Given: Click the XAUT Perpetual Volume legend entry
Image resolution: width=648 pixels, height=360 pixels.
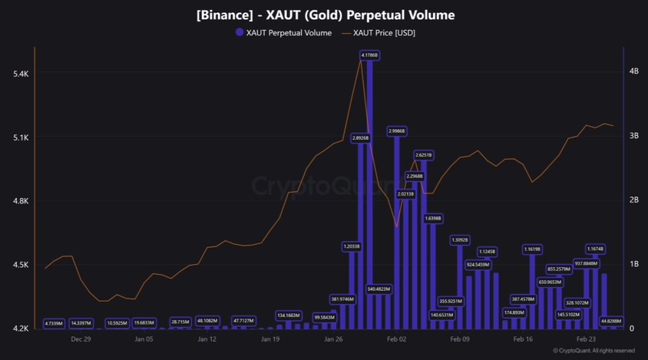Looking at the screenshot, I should pos(283,33).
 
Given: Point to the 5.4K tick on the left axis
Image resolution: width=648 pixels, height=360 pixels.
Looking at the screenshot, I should pos(21,74).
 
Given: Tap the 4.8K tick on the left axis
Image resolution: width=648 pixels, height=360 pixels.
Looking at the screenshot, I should pos(21,201).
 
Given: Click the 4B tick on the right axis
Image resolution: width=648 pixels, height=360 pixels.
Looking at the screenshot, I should pos(633,71).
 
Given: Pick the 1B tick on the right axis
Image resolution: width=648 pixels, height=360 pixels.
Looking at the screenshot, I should pos(633,264).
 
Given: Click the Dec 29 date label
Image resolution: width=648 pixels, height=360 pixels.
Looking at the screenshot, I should pos(81,339).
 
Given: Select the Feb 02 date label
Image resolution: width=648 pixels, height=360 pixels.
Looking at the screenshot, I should pos(396,339).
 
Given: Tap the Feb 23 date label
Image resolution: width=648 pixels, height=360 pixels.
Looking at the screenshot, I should pos(586,339).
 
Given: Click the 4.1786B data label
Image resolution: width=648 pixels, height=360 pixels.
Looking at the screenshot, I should pos(369,55).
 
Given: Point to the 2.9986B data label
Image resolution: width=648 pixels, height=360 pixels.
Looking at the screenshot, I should pos(397,131).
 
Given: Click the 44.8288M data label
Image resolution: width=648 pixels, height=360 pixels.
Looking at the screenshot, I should pos(611,321).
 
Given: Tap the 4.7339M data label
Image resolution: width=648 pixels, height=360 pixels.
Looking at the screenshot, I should pos(54,323).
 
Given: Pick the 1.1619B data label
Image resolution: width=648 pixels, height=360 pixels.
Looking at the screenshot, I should pos(532,249).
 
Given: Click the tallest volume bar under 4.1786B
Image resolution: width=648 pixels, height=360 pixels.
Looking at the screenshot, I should pos(369,192).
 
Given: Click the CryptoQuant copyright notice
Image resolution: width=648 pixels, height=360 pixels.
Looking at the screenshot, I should pos(593,351).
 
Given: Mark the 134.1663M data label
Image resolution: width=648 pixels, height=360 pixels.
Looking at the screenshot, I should pos(289,315).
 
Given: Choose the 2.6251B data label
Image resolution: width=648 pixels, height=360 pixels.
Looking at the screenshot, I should pos(424,155).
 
